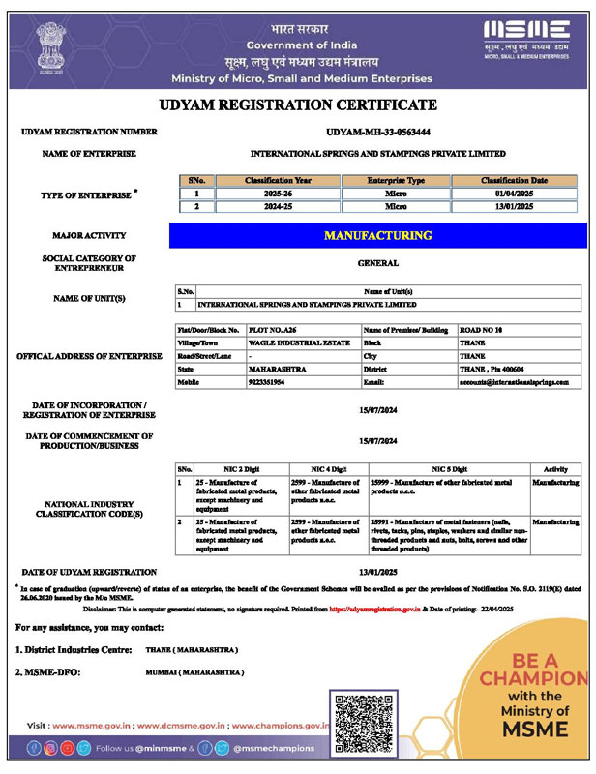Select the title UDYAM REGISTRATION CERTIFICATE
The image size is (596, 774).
tap(297, 104)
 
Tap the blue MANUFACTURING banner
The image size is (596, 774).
tap(378, 235)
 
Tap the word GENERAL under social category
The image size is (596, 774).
tap(378, 262)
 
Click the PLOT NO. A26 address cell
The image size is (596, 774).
tap(272, 330)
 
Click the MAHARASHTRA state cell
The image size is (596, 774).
tap(279, 370)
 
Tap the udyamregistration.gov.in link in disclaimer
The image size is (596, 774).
tap(374, 609)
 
